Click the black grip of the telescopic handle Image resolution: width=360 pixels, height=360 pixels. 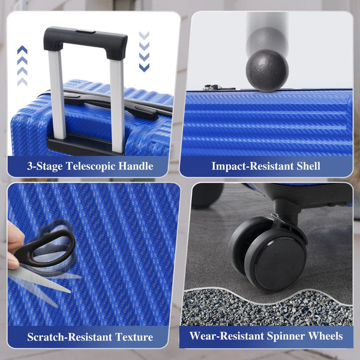click(85, 39)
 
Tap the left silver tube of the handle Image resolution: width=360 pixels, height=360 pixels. click(57, 94)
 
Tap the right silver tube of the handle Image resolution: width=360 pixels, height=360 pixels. click(117, 106)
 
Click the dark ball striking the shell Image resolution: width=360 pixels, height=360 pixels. click(267, 70)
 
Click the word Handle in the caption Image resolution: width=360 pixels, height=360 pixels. click(136, 166)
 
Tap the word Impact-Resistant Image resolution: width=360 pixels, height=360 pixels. click(253, 166)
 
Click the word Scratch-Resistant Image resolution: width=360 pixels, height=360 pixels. click(70, 337)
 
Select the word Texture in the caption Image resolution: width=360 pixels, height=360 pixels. click(134, 337)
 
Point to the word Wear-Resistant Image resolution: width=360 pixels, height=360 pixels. click(227, 336)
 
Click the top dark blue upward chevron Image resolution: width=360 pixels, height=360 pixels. click(22, 50)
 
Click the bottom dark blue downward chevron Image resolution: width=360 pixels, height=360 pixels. click(144, 67)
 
